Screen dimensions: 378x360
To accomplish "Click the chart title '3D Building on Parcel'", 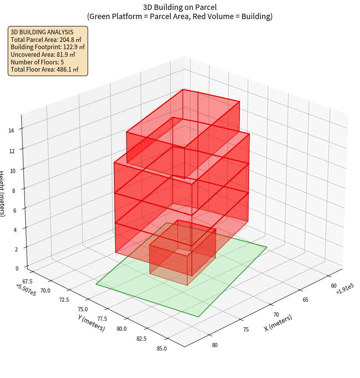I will [180, 7].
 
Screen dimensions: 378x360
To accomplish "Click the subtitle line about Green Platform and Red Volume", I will [180, 16].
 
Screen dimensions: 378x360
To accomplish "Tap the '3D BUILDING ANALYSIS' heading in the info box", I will [42, 32].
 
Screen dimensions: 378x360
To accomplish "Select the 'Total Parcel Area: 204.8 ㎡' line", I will [46, 39].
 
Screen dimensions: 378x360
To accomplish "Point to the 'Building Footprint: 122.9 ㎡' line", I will [48, 47].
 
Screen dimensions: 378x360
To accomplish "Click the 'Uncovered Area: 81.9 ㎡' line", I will [43, 54].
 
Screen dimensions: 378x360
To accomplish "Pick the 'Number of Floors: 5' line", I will [37, 62].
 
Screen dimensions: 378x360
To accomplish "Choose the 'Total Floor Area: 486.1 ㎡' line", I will [45, 69].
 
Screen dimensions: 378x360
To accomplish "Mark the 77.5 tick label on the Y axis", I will [102, 319].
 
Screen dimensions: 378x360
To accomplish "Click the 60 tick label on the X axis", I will [334, 286].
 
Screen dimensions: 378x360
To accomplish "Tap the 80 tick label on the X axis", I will [215, 345].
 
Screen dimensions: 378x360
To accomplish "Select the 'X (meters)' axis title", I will [278, 323].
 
